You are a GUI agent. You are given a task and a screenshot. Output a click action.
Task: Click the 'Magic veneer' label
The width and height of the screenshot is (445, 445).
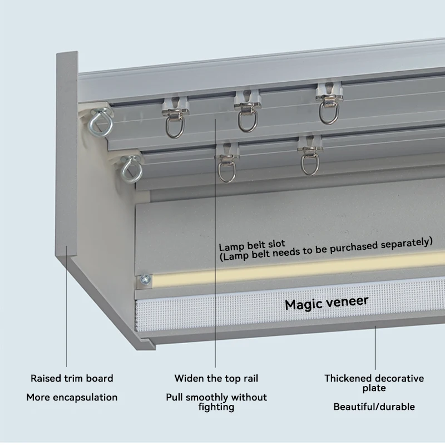point(327,303)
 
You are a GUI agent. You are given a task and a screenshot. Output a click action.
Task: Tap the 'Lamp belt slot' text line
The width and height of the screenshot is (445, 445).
point(251,245)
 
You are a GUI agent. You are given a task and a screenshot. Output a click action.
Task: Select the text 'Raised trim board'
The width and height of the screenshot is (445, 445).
point(72,378)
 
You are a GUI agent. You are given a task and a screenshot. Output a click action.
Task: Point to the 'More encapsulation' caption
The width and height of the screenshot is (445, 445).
point(72,397)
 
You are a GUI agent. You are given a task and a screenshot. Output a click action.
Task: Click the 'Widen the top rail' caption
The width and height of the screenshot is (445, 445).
point(216,378)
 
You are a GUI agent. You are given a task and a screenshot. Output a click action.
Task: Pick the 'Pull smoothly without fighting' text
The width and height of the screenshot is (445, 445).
point(216,402)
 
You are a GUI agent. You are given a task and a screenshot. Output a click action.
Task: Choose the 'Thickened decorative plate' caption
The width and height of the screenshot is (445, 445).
point(374,383)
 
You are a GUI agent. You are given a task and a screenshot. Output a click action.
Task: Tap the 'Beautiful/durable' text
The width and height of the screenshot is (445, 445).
point(374,407)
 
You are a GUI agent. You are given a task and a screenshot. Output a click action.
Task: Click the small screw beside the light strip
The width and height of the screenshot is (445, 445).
point(146,280)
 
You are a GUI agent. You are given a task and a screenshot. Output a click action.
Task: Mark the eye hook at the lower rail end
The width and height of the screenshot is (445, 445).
point(131,170)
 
